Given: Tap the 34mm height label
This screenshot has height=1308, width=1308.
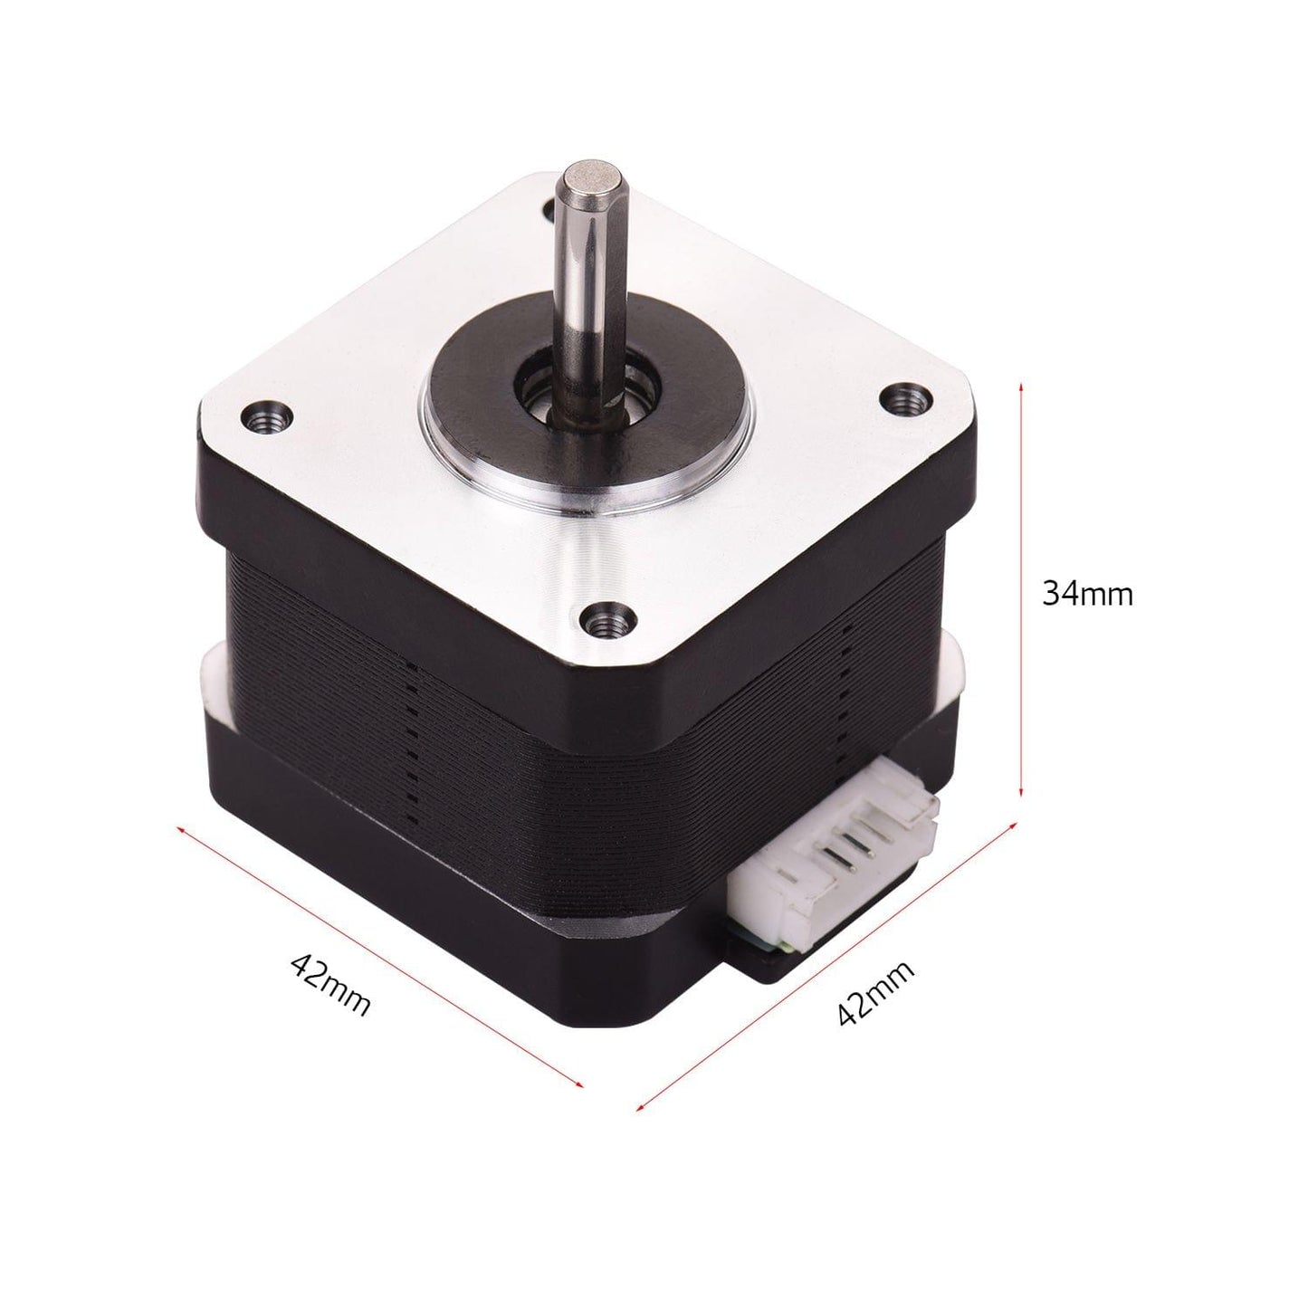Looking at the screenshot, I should (1087, 594).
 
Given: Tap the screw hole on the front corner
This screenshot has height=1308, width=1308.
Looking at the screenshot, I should (600, 621).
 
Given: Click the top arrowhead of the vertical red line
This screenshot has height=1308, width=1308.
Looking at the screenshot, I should (1022, 386).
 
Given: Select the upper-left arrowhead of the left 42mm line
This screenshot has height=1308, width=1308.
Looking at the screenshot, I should (180, 828).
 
